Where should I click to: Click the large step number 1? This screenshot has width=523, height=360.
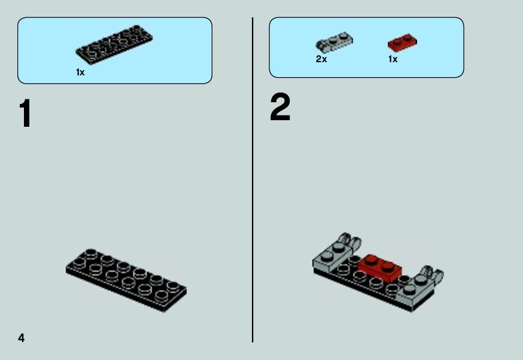click(x=26, y=114)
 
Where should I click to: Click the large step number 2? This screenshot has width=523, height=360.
click(x=280, y=107)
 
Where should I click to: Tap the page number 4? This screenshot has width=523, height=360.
click(x=22, y=338)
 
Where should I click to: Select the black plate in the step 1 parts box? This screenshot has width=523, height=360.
click(x=114, y=45)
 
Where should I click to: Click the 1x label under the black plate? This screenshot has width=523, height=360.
click(x=80, y=72)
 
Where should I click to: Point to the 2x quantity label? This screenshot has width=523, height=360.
click(x=321, y=59)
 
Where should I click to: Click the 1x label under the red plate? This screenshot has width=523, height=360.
click(x=393, y=59)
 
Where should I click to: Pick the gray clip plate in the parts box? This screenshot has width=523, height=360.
click(x=334, y=42)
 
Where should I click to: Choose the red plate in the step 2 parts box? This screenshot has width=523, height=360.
click(x=402, y=42)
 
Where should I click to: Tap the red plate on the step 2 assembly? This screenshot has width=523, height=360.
click(x=380, y=267)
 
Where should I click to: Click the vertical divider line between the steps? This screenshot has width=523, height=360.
click(x=253, y=180)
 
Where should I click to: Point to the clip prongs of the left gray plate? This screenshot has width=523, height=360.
click(x=350, y=242)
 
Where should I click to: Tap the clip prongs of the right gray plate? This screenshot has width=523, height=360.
click(x=433, y=273)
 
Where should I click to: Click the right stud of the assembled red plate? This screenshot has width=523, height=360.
click(x=388, y=266)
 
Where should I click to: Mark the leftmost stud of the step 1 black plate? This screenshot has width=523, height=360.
click(x=79, y=263)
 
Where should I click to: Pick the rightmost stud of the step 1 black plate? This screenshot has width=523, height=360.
click(x=173, y=286)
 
